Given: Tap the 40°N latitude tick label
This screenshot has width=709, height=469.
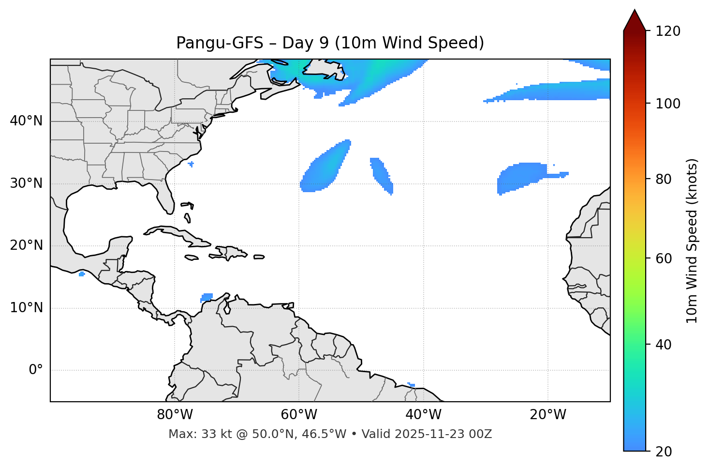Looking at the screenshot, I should (x=26, y=121).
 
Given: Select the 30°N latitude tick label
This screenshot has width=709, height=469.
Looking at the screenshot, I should (x=26, y=183).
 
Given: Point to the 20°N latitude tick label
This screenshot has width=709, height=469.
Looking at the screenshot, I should (x=26, y=245).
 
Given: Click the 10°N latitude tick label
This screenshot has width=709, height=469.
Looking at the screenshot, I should (x=26, y=308).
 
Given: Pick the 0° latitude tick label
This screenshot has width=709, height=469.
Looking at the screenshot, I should (x=36, y=370).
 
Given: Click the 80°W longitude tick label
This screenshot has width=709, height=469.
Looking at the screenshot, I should (x=175, y=415).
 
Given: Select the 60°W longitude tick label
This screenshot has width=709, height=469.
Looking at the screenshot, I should (x=299, y=415).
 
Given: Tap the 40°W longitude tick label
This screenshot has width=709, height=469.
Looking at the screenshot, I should (x=423, y=415).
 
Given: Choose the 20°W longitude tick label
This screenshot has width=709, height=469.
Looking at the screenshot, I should (x=547, y=415).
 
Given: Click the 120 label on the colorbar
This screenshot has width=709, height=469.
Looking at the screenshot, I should (x=667, y=31).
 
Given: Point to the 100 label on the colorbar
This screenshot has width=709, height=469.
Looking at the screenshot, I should (x=667, y=104).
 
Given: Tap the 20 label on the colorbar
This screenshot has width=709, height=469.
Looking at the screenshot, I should (x=664, y=452).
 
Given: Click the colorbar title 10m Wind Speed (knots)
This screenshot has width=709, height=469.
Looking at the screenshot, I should (x=692, y=241).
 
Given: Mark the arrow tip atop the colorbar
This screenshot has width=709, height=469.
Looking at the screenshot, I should (x=635, y=11).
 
